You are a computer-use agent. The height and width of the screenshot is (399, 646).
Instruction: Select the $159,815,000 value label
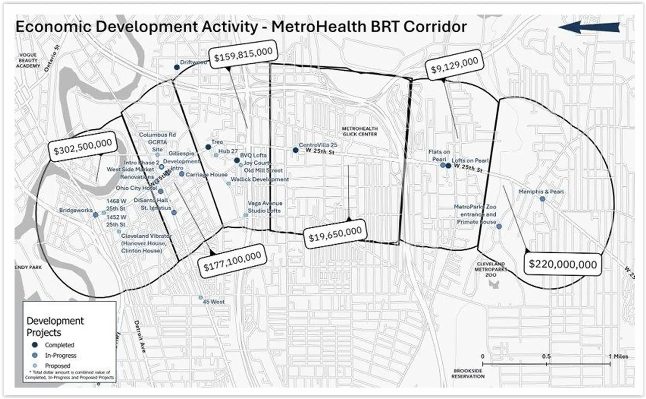243,54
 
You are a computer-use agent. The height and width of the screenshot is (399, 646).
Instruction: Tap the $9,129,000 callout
454,65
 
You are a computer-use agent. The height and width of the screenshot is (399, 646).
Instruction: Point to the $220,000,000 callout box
563,264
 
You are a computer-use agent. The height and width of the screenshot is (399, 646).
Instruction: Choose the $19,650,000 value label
335,234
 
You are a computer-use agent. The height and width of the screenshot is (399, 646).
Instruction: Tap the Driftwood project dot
177,67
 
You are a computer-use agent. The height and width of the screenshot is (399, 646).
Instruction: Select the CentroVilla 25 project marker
295,150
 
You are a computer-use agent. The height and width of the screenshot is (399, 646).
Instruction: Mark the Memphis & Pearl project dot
542,199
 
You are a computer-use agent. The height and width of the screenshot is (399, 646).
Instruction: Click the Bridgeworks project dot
96,215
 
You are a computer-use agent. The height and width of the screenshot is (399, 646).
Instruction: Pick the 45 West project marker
201,298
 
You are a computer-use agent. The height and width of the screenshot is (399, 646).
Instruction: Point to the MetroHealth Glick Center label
360,131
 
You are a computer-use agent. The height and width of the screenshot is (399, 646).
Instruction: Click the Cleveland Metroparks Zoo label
491,269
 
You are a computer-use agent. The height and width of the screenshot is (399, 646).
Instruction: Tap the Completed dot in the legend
35,345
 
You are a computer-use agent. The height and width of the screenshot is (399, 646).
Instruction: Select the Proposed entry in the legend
57,366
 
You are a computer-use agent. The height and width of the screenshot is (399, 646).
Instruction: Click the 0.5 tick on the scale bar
546,364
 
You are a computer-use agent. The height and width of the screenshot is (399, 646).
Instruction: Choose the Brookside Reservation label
468,373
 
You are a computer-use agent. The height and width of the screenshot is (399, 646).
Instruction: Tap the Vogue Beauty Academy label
28,60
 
